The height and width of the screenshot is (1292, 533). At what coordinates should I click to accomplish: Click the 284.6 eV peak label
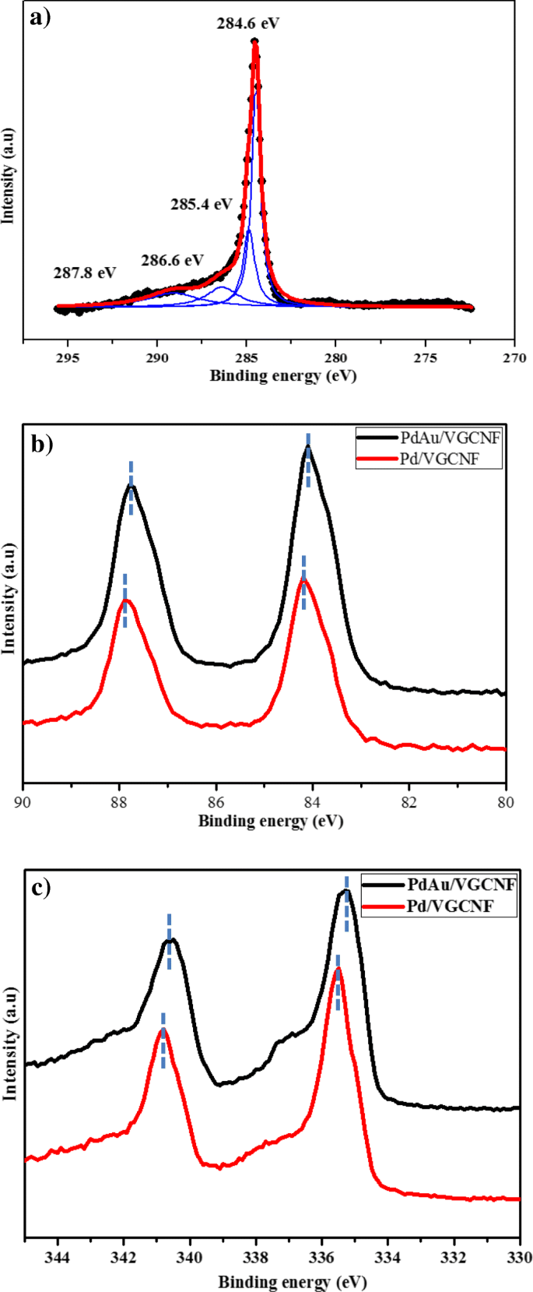tap(247, 23)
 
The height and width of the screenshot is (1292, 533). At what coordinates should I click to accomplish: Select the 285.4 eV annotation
tap(202, 205)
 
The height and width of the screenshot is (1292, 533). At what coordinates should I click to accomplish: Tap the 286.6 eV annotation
tap(172, 260)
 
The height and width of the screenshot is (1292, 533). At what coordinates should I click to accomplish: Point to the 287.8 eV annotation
tap(85, 273)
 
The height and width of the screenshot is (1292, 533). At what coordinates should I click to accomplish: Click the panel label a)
tap(39, 17)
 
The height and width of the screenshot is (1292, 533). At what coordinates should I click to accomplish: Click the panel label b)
tap(40, 444)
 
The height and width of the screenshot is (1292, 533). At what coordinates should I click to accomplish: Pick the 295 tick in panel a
tap(68, 357)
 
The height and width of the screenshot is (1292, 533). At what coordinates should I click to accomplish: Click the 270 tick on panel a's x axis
tap(514, 357)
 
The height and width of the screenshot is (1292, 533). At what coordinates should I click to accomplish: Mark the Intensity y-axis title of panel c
tap(10, 1044)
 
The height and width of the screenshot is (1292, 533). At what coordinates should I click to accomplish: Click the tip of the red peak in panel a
tap(255, 44)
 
